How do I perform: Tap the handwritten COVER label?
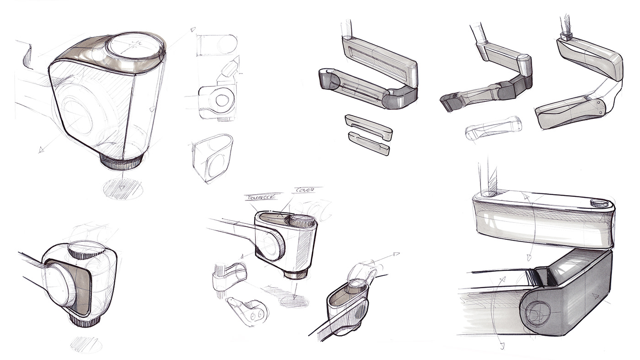tap(303, 190)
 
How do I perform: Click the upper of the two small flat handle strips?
tap(369, 126)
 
